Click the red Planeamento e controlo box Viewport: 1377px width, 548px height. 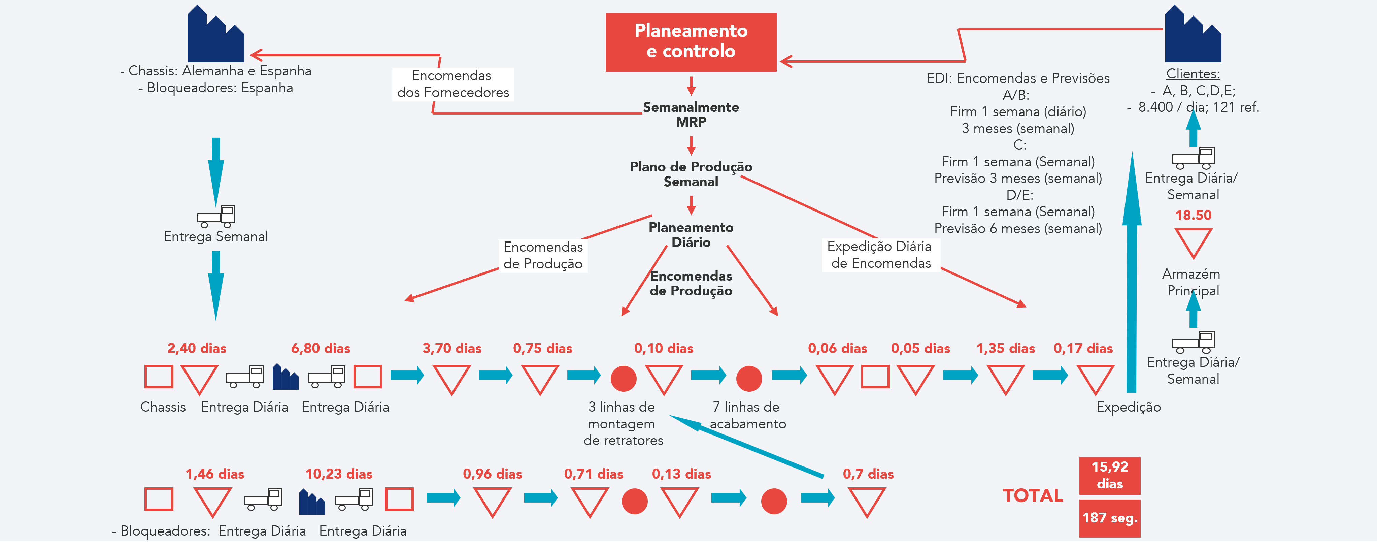pyautogui.click(x=691, y=42)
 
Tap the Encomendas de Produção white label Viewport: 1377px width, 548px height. pyautogui.click(x=543, y=256)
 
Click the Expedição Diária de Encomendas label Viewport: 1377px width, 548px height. pyautogui.click(x=880, y=255)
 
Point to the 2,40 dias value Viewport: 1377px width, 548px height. pyautogui.click(x=197, y=349)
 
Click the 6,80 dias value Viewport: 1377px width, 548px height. pyautogui.click(x=321, y=349)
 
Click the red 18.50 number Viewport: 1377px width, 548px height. pyautogui.click(x=1193, y=216)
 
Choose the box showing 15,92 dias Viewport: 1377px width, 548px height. pyautogui.click(x=1110, y=475)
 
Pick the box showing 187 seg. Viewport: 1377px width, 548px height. pyautogui.click(x=1110, y=518)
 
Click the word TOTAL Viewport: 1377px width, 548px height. pyautogui.click(x=1033, y=495)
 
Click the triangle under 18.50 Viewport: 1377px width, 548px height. pyautogui.click(x=1193, y=241)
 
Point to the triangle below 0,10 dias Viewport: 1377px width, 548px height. pyautogui.click(x=663, y=378)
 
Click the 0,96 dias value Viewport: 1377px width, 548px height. pyautogui.click(x=492, y=474)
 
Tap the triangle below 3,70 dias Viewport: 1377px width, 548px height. pyautogui.click(x=452, y=378)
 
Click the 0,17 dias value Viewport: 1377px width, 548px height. pyautogui.click(x=1083, y=349)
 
